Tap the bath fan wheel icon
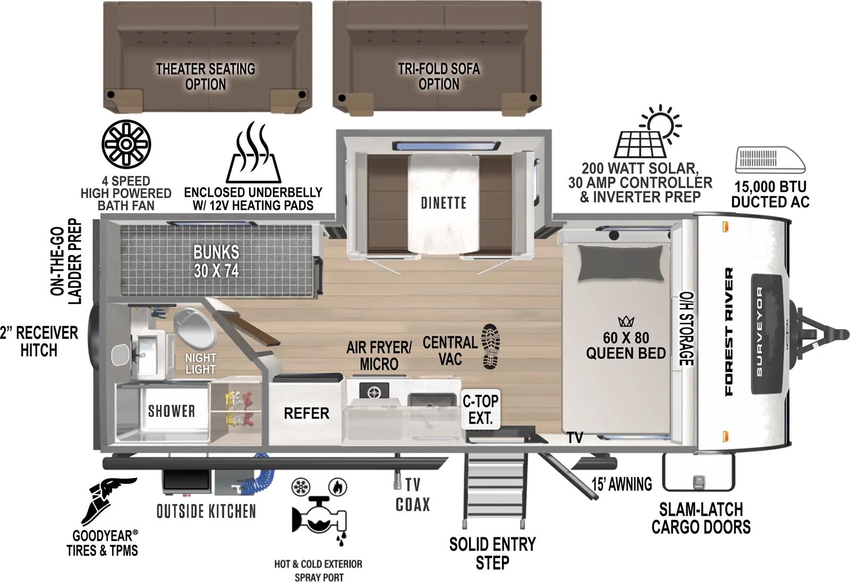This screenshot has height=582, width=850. pos(126,144)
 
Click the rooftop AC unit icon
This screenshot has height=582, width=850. pos(770,161)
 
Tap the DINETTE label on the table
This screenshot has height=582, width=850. pos(444,203)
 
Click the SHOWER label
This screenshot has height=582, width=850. pos(171,411)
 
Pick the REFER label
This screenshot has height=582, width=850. pos(306,413)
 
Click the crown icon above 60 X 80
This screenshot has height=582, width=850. pos(626,322)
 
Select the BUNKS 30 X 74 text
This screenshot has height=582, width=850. pos(216,261)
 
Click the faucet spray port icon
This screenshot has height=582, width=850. pos(319,512)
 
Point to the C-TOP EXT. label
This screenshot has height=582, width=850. pos(480,410)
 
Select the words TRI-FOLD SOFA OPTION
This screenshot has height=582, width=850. pos(439,76)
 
